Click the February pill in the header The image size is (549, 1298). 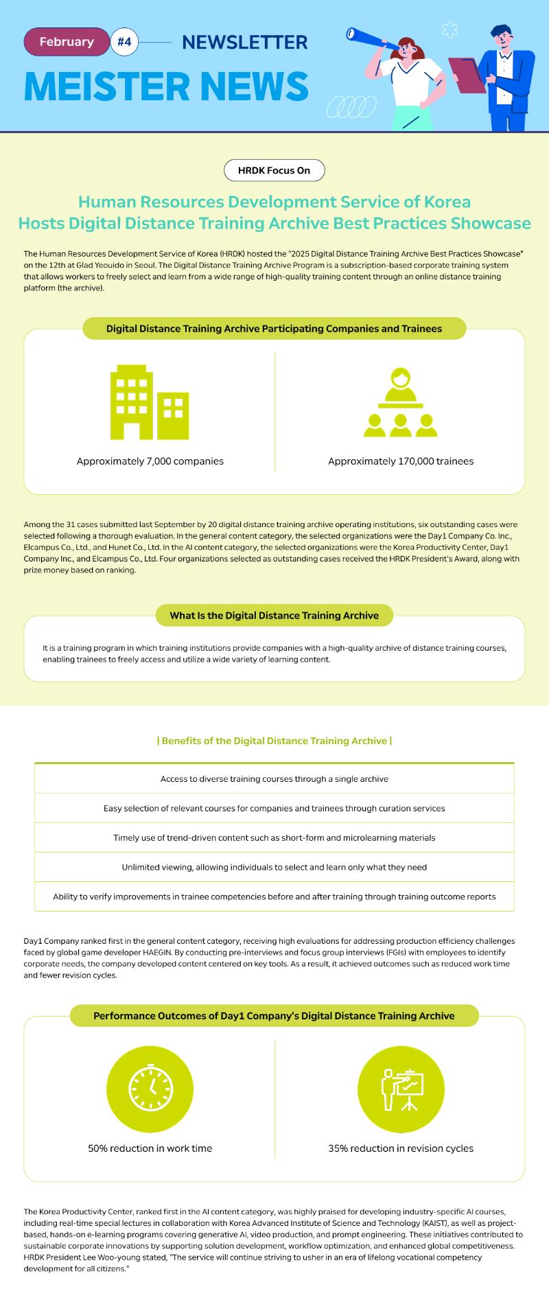pos(67,42)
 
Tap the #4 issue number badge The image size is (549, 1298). pos(124,42)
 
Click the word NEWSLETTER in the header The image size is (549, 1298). pos(244,43)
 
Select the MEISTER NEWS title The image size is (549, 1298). pos(166,86)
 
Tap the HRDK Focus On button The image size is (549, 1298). pos(274,170)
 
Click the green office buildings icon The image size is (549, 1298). pos(150,402)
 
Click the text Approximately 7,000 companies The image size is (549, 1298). pos(150,461)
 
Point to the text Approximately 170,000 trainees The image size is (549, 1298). pos(401,461)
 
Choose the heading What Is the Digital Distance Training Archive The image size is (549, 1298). pos(274,615)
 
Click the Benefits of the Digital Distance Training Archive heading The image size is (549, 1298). pos(274,741)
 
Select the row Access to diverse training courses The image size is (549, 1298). pos(274,779)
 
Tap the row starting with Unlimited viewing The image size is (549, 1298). pos(274,867)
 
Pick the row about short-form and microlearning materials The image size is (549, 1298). pos(274,837)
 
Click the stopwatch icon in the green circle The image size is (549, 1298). pos(150,1089)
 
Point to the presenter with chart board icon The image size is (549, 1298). pos(401,1089)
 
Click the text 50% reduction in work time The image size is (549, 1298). pos(150,1148)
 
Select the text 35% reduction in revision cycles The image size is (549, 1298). pos(401,1148)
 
